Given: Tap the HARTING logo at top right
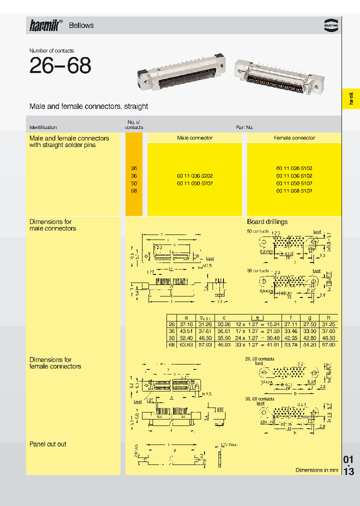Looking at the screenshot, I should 330,25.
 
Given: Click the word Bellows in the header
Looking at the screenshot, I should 81,25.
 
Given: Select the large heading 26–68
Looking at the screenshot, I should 60,66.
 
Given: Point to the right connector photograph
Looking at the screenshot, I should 278,75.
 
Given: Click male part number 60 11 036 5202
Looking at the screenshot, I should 194,176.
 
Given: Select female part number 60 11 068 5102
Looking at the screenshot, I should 294,191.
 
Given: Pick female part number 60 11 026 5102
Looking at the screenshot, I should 294,168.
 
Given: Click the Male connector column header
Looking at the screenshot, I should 194,138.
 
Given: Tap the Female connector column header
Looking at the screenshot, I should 294,138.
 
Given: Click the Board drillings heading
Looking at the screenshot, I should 267,222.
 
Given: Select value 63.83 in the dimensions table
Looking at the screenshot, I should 186,344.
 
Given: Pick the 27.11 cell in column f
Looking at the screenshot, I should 290,324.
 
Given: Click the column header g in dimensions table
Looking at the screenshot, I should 309,317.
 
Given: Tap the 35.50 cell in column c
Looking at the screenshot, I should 223,338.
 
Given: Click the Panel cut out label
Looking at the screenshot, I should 47,444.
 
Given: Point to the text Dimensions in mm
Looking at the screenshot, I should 316,470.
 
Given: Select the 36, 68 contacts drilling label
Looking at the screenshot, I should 259,398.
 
